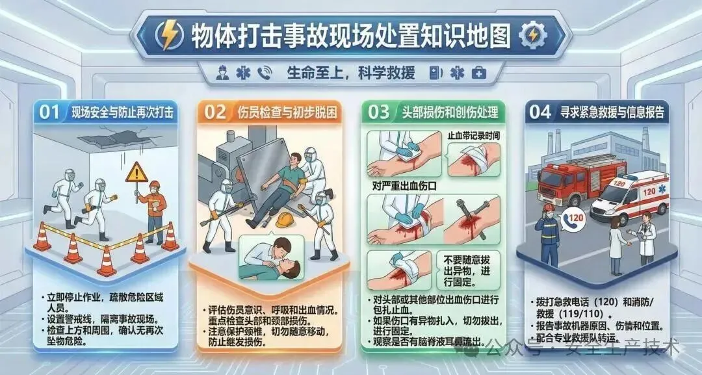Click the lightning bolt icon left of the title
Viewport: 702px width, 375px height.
click(169, 35)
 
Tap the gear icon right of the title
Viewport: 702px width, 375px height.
click(533, 35)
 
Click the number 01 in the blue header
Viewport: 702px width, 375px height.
click(49, 112)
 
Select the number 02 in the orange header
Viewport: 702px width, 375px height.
click(215, 112)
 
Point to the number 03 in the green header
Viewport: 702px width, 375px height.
click(379, 112)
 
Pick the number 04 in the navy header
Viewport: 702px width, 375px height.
click(540, 112)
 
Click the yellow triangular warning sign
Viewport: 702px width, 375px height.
click(136, 173)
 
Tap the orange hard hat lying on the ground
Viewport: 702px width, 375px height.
click(284, 220)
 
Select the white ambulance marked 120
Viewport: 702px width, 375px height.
click(629, 197)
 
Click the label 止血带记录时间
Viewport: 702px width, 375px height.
click(474, 135)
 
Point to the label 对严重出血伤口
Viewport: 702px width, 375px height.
click(404, 185)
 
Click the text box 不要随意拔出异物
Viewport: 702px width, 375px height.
click(467, 270)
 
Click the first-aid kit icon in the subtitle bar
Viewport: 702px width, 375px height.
click(479, 73)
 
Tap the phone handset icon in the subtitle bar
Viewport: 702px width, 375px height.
click(265, 73)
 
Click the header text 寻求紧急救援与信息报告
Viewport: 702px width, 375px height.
click(612, 112)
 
